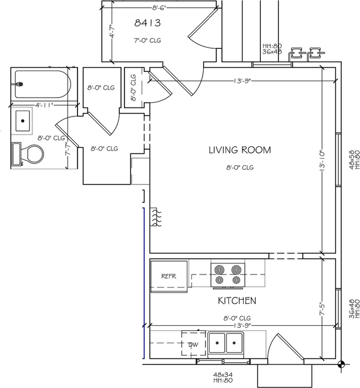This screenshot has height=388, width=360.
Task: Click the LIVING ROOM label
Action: tap(240, 150)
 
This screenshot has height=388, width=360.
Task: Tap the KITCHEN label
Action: tap(237, 300)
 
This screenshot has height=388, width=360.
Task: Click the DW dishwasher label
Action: tap(193, 344)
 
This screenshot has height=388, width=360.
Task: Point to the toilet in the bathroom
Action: tap(27, 154)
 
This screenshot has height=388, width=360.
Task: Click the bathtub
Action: tap(43, 84)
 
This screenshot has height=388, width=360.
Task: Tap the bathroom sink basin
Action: tap(23, 121)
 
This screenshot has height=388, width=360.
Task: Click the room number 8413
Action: tap(147, 23)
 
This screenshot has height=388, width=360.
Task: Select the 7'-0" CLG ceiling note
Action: tap(147, 41)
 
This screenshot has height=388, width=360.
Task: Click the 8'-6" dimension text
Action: tap(159, 8)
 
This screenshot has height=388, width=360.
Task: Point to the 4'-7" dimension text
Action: tap(112, 31)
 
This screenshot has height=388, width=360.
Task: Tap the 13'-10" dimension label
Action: tap(322, 161)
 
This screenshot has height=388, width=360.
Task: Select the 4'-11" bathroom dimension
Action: tap(44, 105)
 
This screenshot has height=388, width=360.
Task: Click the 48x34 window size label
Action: tap(223, 375)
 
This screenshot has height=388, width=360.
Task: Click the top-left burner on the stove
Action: tap(219, 269)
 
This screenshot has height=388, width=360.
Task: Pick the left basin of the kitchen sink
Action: tap(217, 343)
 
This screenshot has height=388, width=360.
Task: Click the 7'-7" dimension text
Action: tap(68, 149)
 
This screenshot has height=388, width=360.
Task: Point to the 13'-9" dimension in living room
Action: tap(243, 81)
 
